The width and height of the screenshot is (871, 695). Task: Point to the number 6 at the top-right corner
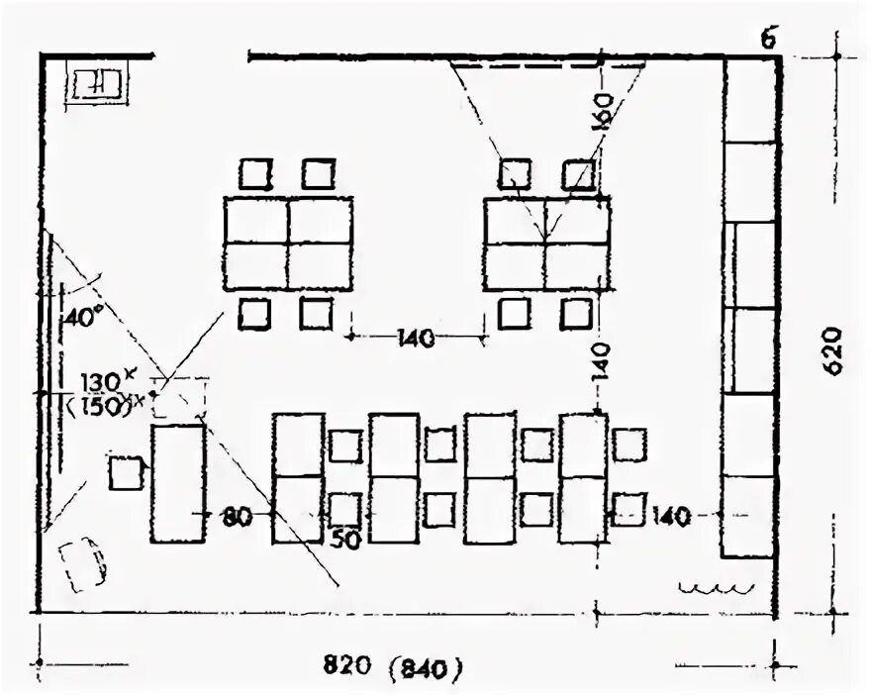point(769,40)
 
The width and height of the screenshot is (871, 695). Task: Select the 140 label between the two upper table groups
point(416,339)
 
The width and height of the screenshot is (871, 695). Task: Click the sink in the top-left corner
point(98,85)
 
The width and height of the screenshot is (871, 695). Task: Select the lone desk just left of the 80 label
point(178,483)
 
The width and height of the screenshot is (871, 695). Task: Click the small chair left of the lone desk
point(125,472)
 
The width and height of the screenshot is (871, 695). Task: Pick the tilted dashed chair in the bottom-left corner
point(83,562)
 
